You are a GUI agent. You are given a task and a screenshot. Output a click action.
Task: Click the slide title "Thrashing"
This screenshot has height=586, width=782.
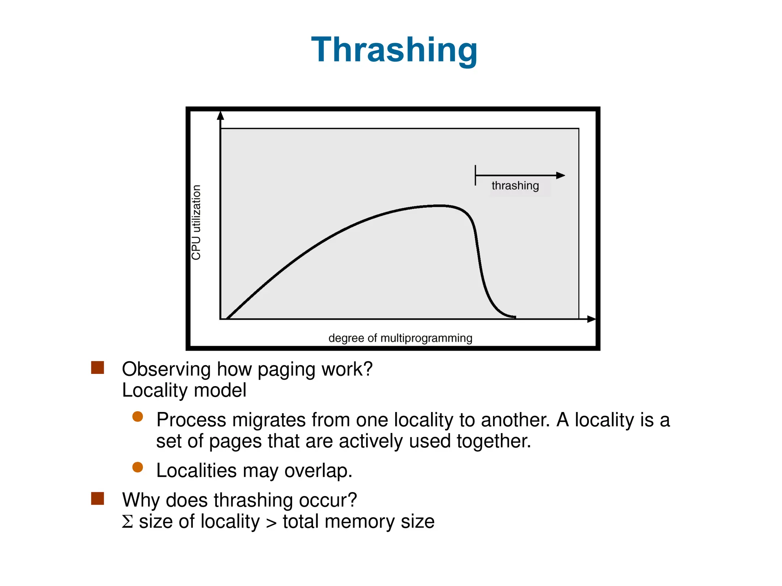[394, 50]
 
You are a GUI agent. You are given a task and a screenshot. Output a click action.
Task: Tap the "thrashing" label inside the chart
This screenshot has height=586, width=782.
[515, 186]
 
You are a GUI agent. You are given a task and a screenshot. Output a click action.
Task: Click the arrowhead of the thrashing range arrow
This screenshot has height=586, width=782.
[561, 175]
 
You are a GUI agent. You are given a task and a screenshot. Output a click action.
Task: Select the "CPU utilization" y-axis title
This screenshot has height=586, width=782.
[196, 222]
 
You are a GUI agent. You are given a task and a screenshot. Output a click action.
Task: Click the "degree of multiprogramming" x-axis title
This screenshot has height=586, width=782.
[400, 338]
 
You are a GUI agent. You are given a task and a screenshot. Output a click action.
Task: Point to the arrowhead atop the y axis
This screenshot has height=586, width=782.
[220, 115]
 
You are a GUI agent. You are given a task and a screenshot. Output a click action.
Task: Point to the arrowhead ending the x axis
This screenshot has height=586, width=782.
[591, 319]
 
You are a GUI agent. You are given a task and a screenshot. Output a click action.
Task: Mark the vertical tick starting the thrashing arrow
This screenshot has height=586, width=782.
[475, 175]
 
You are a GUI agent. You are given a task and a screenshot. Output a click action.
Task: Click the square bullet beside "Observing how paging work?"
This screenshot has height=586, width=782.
[98, 368]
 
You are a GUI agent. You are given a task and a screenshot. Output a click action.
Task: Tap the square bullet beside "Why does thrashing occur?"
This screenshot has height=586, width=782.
[98, 499]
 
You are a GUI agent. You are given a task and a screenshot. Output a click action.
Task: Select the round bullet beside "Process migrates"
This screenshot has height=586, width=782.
[137, 416]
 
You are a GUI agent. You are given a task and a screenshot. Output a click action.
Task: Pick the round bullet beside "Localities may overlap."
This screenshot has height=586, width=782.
[137, 467]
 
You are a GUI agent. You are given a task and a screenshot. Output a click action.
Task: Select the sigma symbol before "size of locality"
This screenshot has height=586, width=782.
[128, 522]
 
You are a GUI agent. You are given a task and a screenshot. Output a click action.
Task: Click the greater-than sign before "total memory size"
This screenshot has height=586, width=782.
[271, 523]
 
